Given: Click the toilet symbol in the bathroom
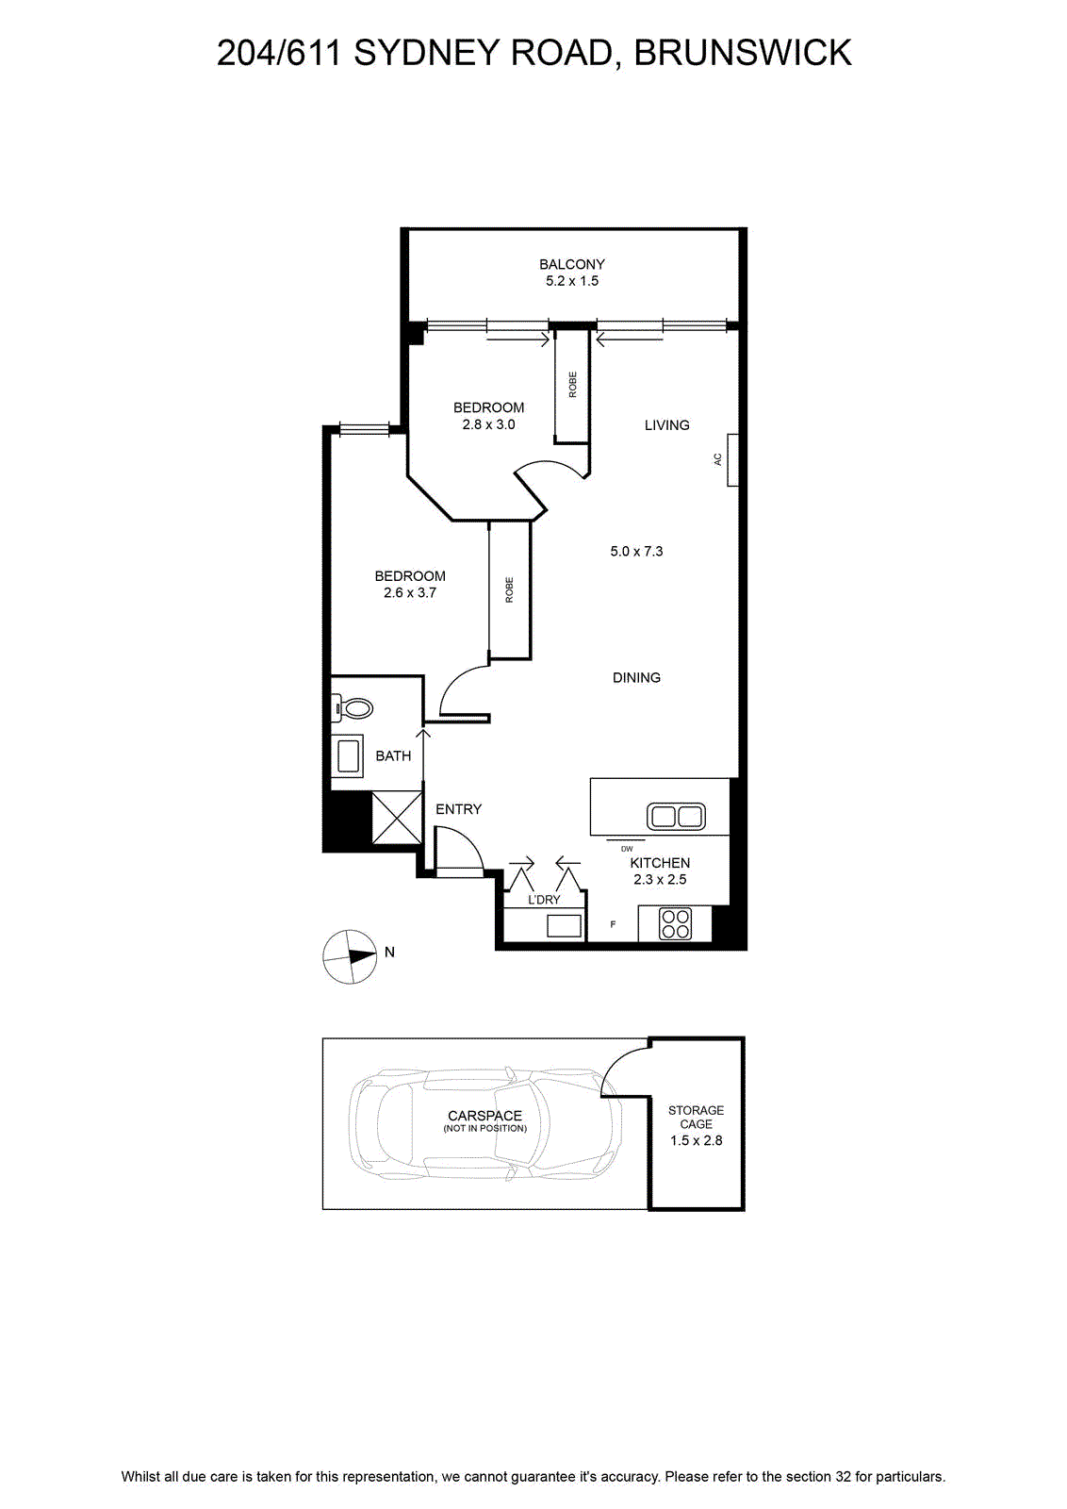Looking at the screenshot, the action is tap(353, 708).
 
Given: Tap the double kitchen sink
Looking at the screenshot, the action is tap(676, 817).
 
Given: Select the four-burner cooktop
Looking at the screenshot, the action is tap(675, 923).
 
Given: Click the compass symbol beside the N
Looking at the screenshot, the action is tap(350, 957).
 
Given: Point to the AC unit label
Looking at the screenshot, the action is tap(717, 458).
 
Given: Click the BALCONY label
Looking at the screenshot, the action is tap(571, 264).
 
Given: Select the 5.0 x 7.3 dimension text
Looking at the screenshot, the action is tap(636, 551).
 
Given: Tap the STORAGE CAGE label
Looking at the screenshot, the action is tap(696, 1117).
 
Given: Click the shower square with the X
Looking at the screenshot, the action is tap(397, 817).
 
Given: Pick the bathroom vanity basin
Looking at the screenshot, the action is tap(348, 756).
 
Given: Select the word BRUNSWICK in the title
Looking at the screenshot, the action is tap(743, 53).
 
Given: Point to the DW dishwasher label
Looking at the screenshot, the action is tap(627, 849).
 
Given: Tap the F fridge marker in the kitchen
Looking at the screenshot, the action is tap(613, 924).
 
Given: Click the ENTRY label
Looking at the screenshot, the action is tap(458, 809).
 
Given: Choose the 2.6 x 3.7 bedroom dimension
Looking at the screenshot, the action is tap(410, 593).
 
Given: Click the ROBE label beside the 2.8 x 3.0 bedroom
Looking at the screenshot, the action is tap(573, 385).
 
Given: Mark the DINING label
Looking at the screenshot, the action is tap(636, 678).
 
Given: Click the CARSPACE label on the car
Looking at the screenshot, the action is tap(484, 1116).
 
